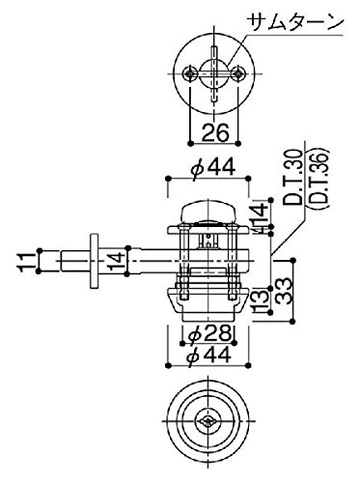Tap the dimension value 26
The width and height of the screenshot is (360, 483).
click(x=215, y=132)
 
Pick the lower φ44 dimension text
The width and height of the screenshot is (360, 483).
click(x=208, y=355)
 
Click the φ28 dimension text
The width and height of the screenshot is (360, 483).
click(x=209, y=334)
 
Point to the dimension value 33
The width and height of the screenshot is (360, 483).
click(x=284, y=291)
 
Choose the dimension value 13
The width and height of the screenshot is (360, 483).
click(x=262, y=301)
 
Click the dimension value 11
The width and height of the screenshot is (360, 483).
click(x=27, y=262)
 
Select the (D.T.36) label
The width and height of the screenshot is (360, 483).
click(x=318, y=177)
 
